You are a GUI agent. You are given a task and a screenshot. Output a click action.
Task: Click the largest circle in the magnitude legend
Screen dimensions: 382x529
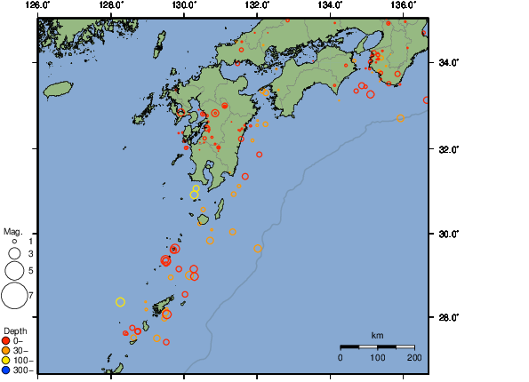pyautogui.click(x=14, y=293)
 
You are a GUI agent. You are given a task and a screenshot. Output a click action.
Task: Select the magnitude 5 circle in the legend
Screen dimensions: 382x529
pyautogui.click(x=14, y=270)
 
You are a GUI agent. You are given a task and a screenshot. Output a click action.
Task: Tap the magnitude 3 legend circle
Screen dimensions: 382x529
pyautogui.click(x=14, y=253)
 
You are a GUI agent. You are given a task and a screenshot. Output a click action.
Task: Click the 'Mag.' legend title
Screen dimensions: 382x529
pyautogui.click(x=12, y=230)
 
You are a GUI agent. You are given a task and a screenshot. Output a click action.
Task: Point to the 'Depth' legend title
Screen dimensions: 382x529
pyautogui.click(x=15, y=330)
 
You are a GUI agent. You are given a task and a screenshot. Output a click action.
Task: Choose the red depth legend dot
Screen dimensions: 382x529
pyautogui.click(x=6, y=340)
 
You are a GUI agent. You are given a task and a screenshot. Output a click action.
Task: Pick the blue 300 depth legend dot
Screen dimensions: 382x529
pyautogui.click(x=6, y=370)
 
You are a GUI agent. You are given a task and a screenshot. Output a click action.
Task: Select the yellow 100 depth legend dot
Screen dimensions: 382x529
pyautogui.click(x=6, y=360)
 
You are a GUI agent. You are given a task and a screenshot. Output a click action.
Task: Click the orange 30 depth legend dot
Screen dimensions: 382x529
pyautogui.click(x=6, y=350)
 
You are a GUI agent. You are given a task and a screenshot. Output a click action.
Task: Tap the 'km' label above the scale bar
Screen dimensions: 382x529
pyautogui.click(x=377, y=335)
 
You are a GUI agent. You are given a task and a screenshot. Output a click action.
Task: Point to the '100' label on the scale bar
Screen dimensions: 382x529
pyautogui.click(x=377, y=357)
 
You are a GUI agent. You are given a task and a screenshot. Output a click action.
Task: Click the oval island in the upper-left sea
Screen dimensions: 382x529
pyautogui.click(x=57, y=89)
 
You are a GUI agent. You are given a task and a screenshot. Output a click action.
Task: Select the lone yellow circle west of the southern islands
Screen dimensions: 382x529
pyautogui.click(x=121, y=302)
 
